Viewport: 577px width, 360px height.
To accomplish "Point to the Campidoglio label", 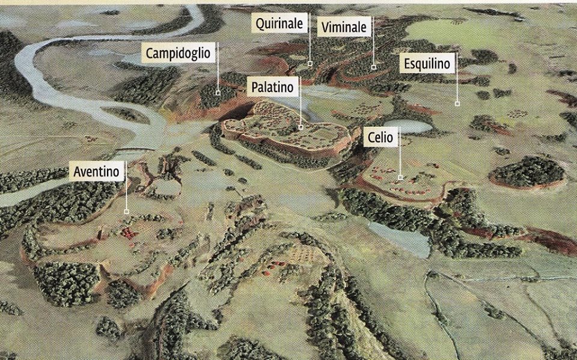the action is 179,53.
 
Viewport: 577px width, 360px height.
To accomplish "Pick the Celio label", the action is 380,138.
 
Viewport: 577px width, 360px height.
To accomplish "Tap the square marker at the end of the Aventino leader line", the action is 126,212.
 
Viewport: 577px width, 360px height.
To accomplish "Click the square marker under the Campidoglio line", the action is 218,93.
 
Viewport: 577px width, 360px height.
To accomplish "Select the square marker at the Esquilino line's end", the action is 457,104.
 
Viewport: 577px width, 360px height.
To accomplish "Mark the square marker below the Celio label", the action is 400,177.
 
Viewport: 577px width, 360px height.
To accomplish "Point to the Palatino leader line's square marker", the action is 301,127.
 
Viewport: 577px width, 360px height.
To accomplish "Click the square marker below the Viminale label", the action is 373,67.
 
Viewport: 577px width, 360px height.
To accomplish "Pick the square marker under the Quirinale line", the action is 310,63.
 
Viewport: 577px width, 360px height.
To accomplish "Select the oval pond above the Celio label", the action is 412,126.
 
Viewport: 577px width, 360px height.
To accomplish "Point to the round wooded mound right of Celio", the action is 527,171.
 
